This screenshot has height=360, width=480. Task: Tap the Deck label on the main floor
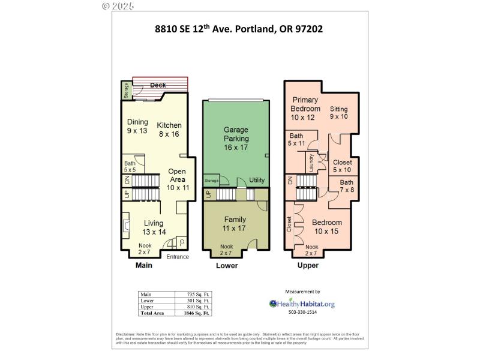pos(158,85)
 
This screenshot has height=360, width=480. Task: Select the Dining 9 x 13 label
pos(137,126)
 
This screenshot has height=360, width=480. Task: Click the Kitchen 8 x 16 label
pos(169,130)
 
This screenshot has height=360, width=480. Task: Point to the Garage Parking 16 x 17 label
pos(236,139)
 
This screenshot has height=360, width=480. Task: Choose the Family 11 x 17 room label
pos(235,224)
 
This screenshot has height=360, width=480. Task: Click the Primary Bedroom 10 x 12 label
pos(306,109)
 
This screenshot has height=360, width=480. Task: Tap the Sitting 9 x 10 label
pos(339,112)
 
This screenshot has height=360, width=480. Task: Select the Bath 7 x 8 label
pos(347,186)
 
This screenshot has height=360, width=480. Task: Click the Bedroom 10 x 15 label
pos(328,227)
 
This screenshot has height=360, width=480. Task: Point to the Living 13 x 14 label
pos(154,227)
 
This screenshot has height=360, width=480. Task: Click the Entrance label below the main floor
pos(178,257)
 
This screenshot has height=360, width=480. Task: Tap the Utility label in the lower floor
pos(257,180)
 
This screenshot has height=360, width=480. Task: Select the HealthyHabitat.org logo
pos(301,304)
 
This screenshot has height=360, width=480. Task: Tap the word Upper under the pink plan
pos(308,265)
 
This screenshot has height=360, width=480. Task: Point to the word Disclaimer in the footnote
pos(125,334)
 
